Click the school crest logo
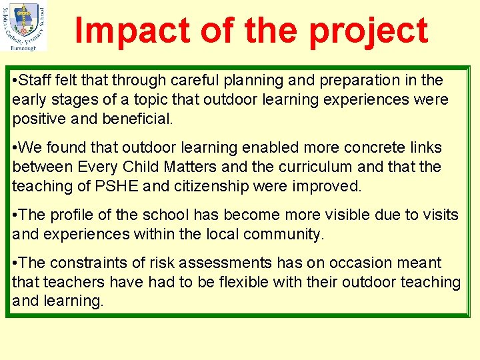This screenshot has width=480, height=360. click(24, 26)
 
